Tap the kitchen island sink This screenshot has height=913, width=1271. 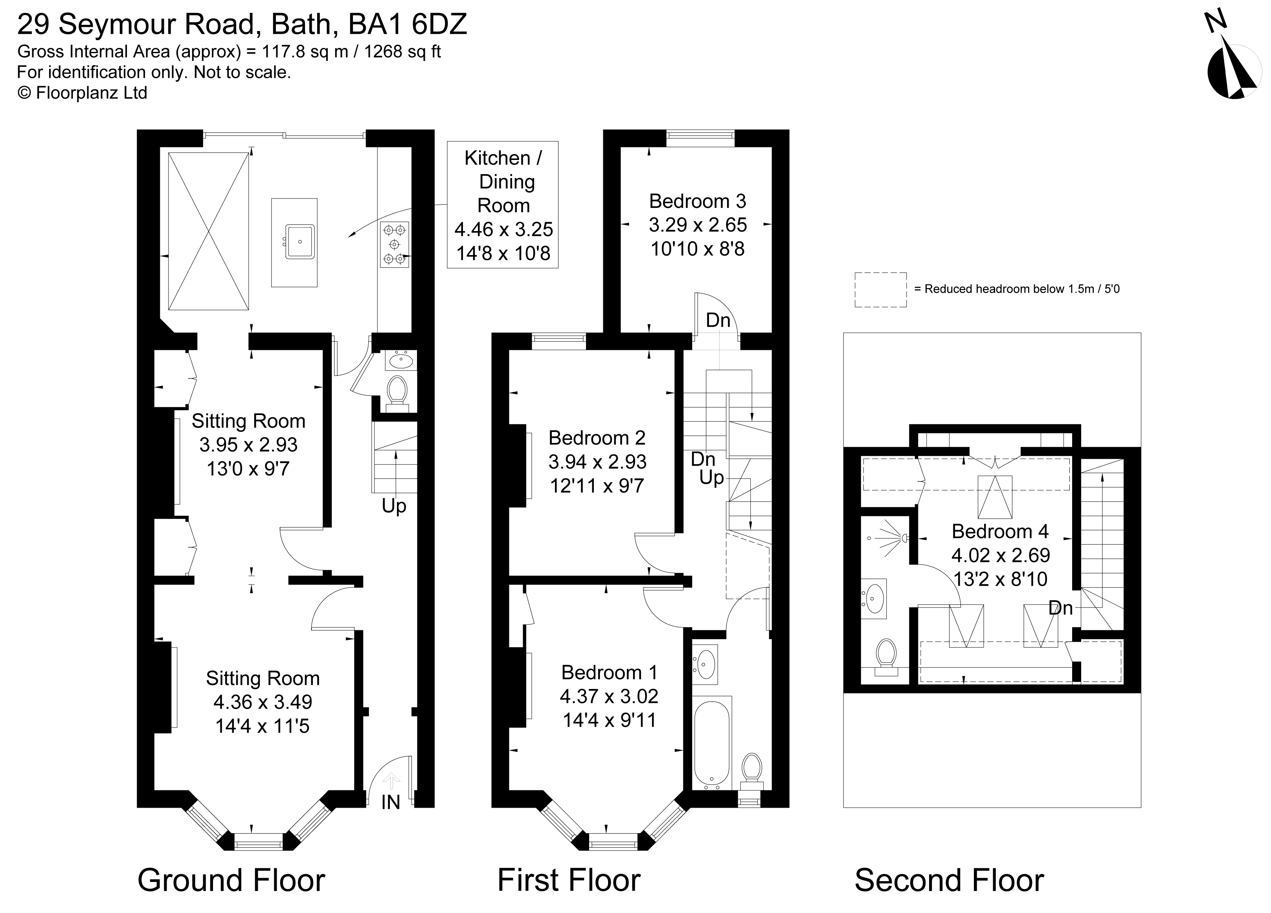(300, 242)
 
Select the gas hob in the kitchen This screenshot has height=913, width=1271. (395, 244)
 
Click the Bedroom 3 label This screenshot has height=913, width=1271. (697, 201)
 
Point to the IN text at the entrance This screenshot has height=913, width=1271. (391, 803)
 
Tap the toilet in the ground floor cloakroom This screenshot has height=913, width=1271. (397, 389)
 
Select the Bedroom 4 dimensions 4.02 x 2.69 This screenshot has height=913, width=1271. (1000, 555)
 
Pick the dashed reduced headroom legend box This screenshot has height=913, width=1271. (880, 290)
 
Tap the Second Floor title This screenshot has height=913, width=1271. (949, 880)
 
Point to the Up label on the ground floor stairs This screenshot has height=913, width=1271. (393, 506)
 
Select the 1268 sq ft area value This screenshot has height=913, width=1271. (402, 51)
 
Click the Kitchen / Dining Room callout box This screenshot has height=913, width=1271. (503, 205)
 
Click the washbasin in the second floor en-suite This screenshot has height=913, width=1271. (874, 598)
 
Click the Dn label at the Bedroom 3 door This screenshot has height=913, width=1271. (718, 320)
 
